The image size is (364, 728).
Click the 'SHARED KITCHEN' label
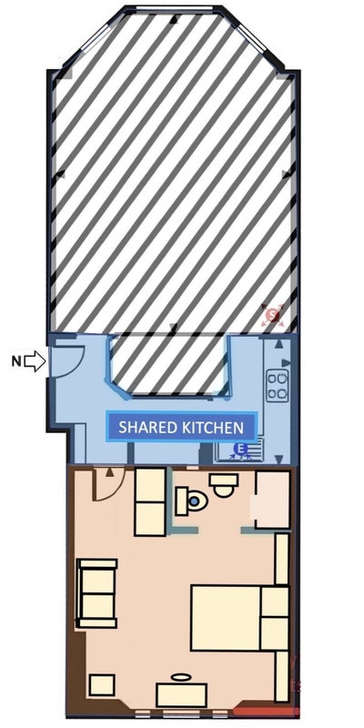(181, 427)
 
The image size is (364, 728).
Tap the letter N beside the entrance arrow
(16, 361)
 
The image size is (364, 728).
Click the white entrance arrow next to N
(35, 361)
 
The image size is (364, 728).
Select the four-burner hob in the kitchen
(278, 385)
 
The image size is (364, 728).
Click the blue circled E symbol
(240, 449)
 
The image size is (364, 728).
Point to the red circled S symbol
(273, 316)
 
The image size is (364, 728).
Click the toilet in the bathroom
(191, 500)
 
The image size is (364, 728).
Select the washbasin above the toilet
(223, 485)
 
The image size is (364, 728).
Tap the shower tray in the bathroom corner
(273, 499)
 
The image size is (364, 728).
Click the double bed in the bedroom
(240, 618)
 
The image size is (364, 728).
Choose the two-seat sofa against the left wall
(96, 593)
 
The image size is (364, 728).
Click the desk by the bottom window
(181, 695)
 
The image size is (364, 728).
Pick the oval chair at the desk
(181, 677)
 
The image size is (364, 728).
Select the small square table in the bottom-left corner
(102, 685)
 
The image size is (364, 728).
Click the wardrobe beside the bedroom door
(150, 502)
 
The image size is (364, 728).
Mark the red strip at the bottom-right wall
(265, 711)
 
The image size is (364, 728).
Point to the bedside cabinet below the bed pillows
(281, 676)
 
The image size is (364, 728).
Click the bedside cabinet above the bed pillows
(282, 559)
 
